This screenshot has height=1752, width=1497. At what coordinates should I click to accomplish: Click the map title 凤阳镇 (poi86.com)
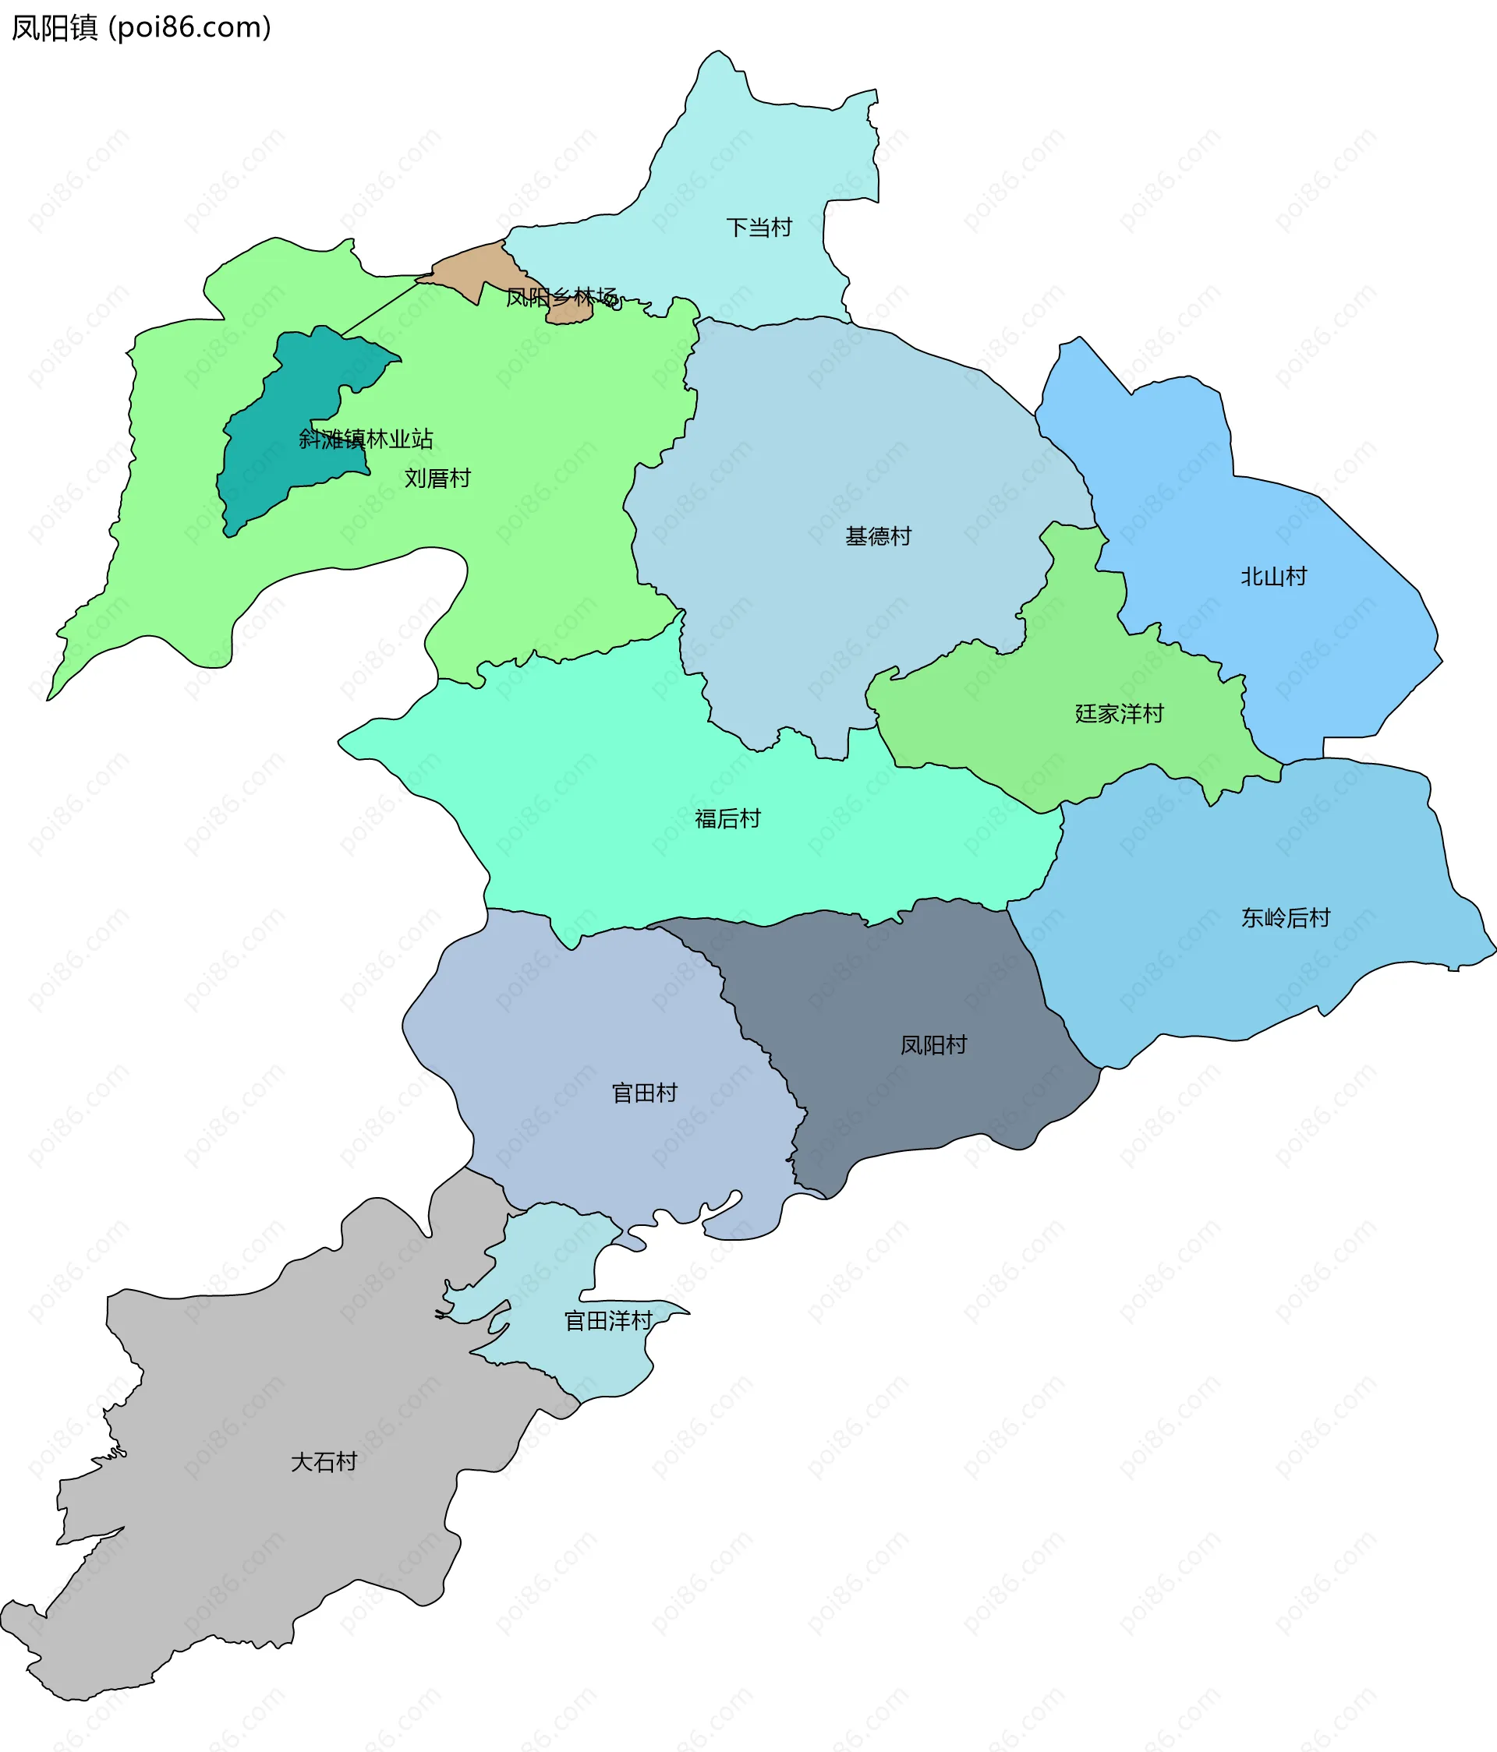pos(141,28)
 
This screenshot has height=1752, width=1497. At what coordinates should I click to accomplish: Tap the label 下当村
pos(759,228)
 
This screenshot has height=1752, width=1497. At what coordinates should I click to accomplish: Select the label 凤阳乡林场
pos(561,298)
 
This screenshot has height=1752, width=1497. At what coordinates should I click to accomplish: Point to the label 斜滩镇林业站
pos(366,439)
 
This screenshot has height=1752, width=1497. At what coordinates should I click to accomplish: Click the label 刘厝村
pos(437,479)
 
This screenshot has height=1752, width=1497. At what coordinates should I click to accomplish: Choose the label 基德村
pos(878,536)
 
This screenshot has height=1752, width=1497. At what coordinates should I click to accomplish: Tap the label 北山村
pos(1274,577)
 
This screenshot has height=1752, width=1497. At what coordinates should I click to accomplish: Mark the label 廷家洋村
pos(1119,714)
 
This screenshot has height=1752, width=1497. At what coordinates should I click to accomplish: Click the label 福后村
pos(727,818)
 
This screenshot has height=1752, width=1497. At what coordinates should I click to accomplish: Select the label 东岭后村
pos(1286,917)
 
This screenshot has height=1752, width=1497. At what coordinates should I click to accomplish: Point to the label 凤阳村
pos(933,1045)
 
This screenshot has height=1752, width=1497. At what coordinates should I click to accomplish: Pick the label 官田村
pos(645,1093)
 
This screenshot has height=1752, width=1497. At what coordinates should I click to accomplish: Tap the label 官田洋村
pos(608,1321)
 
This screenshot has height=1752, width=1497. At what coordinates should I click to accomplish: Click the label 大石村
pos(324,1462)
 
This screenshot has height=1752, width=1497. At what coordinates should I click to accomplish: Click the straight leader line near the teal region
pos(380,307)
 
